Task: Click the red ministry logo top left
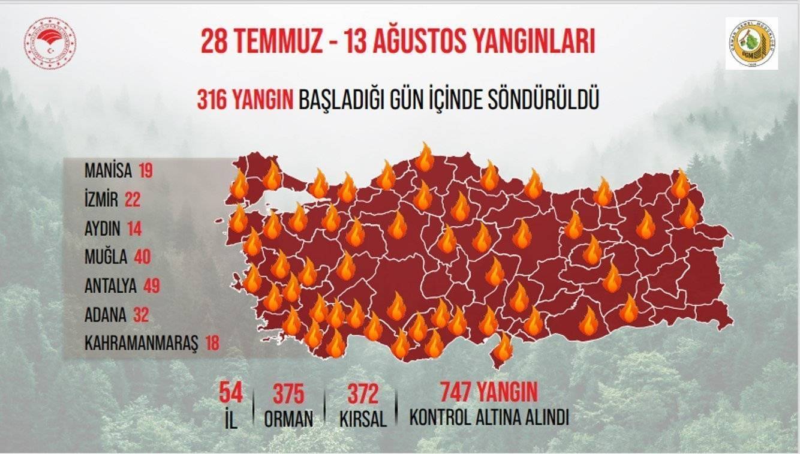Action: coord(50,43)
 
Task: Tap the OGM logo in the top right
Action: coord(751,43)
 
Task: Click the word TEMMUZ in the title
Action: coord(281,43)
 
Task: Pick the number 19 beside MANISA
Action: coord(145,171)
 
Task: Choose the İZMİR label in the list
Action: coord(101,200)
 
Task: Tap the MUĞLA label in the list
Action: coord(106,257)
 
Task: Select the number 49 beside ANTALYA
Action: coord(152,285)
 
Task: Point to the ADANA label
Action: coord(106,314)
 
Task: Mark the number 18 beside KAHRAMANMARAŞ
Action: coord(212,343)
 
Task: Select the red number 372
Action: coord(362,394)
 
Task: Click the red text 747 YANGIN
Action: coord(488,392)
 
